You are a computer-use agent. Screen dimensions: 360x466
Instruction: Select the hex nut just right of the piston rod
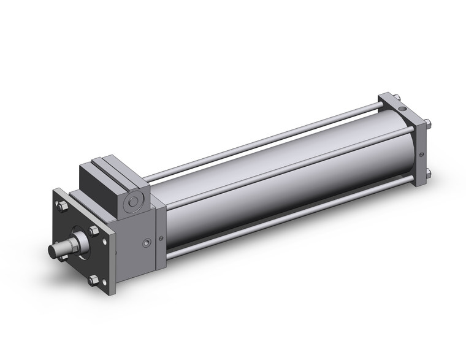click(94, 232)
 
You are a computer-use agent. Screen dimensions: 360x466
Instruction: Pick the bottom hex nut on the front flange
click(93, 280)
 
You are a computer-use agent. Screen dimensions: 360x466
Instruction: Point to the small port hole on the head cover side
click(145, 244)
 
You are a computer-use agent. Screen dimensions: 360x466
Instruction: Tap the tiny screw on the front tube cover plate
click(161, 239)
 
